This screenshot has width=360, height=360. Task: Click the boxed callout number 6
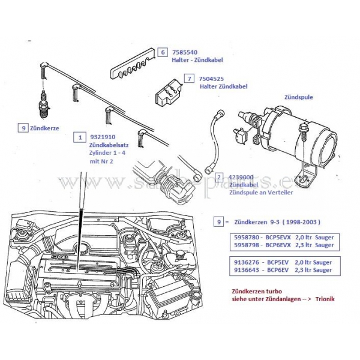[162, 53]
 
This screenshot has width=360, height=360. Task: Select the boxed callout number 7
[189, 79]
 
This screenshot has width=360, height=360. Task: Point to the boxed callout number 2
[219, 178]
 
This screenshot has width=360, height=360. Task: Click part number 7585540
[186, 53]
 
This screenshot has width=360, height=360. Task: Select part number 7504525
[213, 79]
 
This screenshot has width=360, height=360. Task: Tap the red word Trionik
[323, 299]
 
